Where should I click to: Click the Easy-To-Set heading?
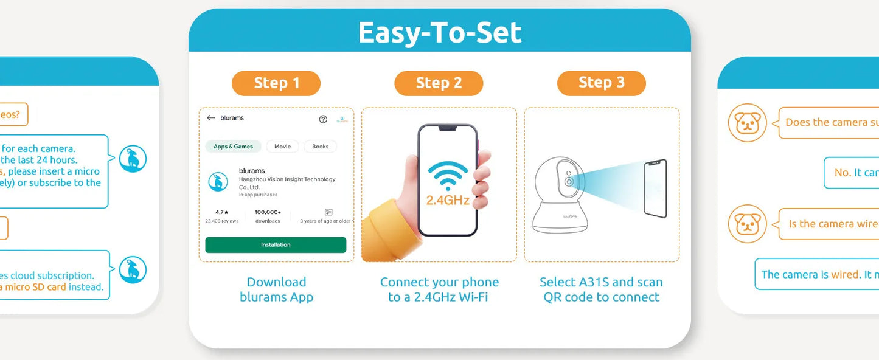point(439,32)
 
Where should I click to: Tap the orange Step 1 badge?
point(276,83)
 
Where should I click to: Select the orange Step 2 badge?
point(439,83)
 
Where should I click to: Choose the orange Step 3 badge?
point(601,83)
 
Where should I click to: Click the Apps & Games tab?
point(233,147)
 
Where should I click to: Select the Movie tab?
point(282,147)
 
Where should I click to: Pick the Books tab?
point(320,147)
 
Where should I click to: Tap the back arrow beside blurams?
point(211,118)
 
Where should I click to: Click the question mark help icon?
point(323,119)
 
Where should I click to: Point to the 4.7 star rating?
point(221,212)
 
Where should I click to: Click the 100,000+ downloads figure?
point(268,212)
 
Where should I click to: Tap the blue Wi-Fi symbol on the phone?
point(447,176)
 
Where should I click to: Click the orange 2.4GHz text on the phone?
point(448,200)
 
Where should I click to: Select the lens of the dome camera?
point(569,181)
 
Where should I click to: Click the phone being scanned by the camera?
point(655,188)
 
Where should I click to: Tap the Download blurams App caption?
point(276,289)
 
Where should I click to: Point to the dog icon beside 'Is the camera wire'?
point(747,224)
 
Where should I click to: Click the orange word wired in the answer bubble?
point(844,275)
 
